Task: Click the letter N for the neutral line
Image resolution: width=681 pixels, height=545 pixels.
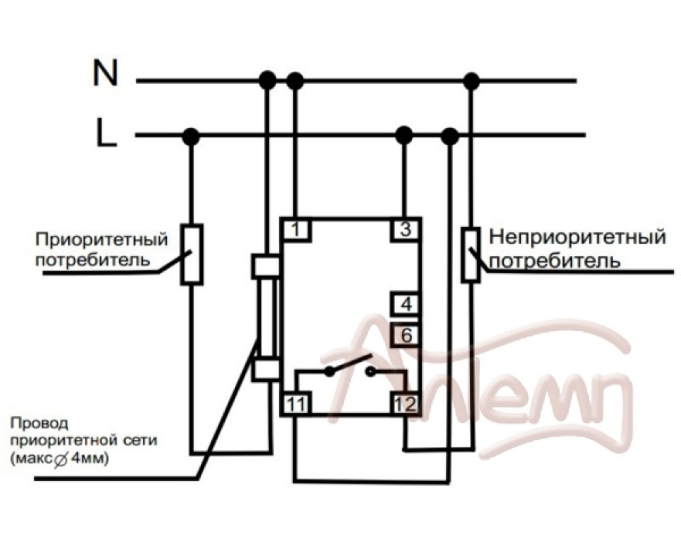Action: pyautogui.click(x=106, y=73)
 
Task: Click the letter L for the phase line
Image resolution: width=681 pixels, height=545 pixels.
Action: pyautogui.click(x=106, y=134)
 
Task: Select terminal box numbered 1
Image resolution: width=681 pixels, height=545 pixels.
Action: pyautogui.click(x=296, y=230)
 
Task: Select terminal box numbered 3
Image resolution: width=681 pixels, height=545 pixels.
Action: pyautogui.click(x=406, y=230)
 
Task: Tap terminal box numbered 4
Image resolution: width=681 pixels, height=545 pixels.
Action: pyautogui.click(x=406, y=304)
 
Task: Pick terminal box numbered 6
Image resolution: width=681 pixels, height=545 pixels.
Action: pyautogui.click(x=406, y=335)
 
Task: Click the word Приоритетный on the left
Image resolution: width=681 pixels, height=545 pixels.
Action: pyautogui.click(x=101, y=240)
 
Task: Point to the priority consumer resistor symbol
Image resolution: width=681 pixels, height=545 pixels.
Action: pyautogui.click(x=191, y=253)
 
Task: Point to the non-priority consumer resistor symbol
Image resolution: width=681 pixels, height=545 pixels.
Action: pyautogui.click(x=471, y=255)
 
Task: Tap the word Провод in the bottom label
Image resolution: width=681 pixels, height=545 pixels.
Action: pyautogui.click(x=40, y=423)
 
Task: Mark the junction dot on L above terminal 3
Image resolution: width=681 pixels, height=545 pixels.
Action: pyautogui.click(x=405, y=135)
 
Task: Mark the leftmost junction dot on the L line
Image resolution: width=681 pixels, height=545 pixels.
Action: pyautogui.click(x=191, y=136)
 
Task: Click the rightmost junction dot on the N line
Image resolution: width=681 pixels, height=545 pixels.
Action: pyautogui.click(x=471, y=81)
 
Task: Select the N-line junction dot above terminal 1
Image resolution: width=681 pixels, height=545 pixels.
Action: pyautogui.click(x=295, y=81)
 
